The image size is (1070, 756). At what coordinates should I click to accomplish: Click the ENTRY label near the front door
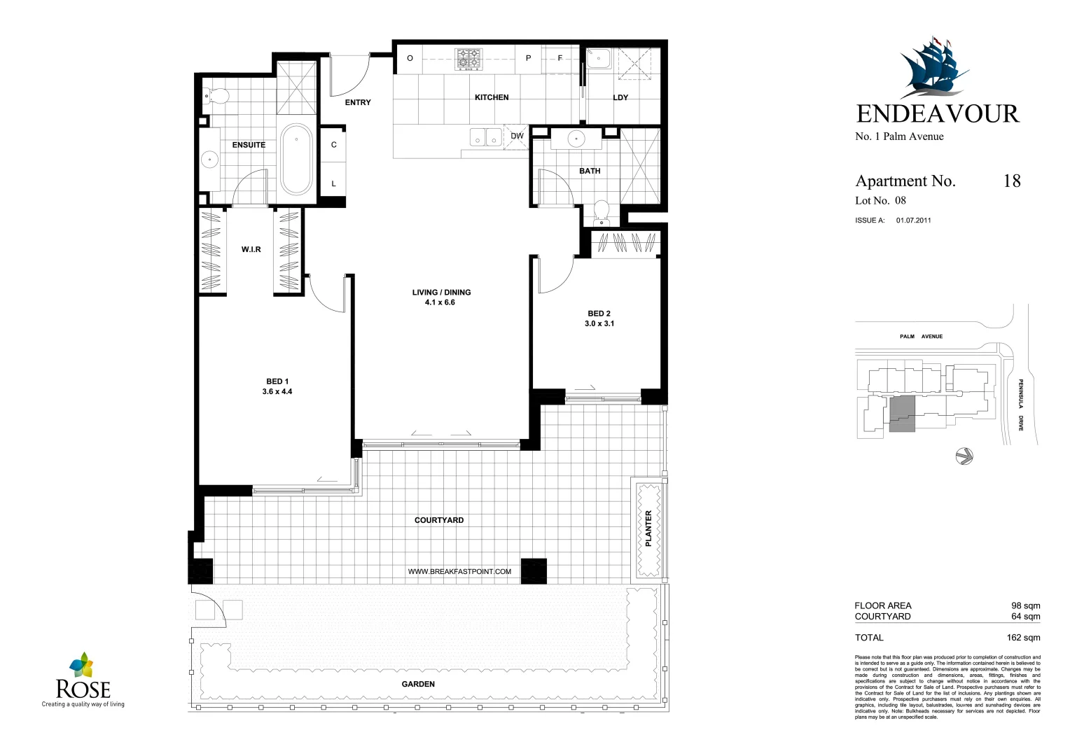358,102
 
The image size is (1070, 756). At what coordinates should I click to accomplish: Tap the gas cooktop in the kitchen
468,59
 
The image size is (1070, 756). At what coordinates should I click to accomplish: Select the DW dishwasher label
517,136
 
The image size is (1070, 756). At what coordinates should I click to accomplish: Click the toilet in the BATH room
601,211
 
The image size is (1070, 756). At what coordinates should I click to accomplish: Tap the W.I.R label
251,249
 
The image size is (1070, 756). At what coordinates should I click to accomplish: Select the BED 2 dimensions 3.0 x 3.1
599,323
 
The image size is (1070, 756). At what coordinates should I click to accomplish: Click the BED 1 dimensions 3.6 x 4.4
277,391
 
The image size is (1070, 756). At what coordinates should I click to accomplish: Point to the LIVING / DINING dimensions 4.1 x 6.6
440,302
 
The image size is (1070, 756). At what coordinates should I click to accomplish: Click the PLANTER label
648,528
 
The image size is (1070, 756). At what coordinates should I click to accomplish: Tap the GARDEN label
418,684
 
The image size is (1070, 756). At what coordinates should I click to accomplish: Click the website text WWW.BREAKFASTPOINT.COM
459,571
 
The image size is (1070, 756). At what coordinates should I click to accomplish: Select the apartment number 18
1012,181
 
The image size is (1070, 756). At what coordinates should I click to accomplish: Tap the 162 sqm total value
1023,638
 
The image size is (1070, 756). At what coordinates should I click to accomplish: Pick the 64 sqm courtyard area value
1025,617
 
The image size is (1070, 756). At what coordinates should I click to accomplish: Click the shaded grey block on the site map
902,414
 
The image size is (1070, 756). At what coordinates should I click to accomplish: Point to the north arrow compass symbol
964,456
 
